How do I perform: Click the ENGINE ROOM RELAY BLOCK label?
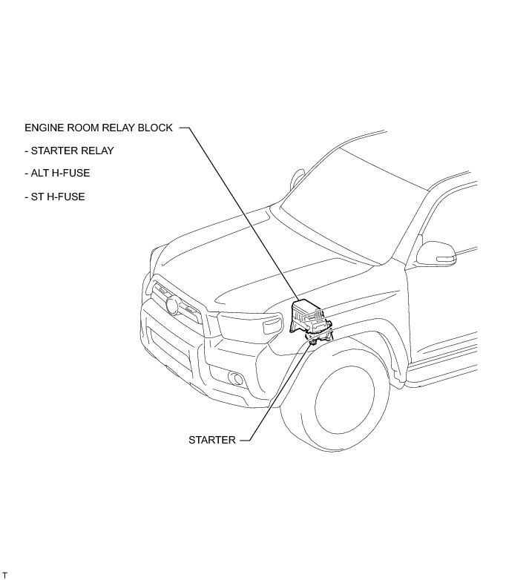[x=99, y=128]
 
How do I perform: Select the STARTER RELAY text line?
[x=69, y=151]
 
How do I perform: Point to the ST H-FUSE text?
[x=55, y=197]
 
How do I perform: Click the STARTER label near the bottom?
[x=211, y=440]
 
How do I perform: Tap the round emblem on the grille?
[x=174, y=304]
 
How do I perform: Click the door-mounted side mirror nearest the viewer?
[x=436, y=254]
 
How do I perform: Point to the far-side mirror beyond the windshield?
[x=298, y=179]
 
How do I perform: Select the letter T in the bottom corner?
[x=4, y=576]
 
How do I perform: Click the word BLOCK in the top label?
[x=156, y=128]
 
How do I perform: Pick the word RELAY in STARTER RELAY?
[x=96, y=151]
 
